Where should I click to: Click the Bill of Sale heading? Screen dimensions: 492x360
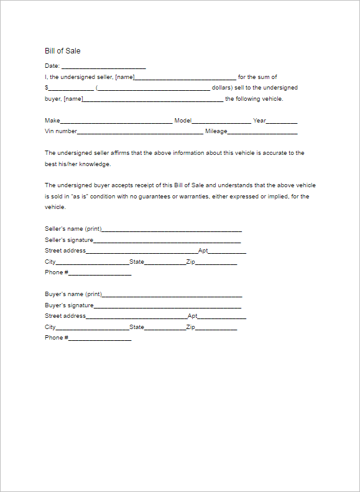click(62, 51)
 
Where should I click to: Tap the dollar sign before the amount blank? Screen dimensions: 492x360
click(47, 88)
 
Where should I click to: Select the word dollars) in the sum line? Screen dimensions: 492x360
click(222, 88)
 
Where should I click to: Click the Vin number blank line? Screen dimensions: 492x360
click(140, 132)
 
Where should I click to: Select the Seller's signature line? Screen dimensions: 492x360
click(167, 240)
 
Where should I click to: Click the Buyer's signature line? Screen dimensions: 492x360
click(167, 305)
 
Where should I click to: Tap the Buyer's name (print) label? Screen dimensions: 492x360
click(73, 294)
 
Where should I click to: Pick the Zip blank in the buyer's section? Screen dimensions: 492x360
click(216, 327)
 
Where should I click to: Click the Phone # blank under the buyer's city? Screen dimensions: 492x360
click(99, 338)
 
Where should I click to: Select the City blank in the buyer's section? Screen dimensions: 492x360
click(92, 327)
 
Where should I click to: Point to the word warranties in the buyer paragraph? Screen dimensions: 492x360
click(195, 197)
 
